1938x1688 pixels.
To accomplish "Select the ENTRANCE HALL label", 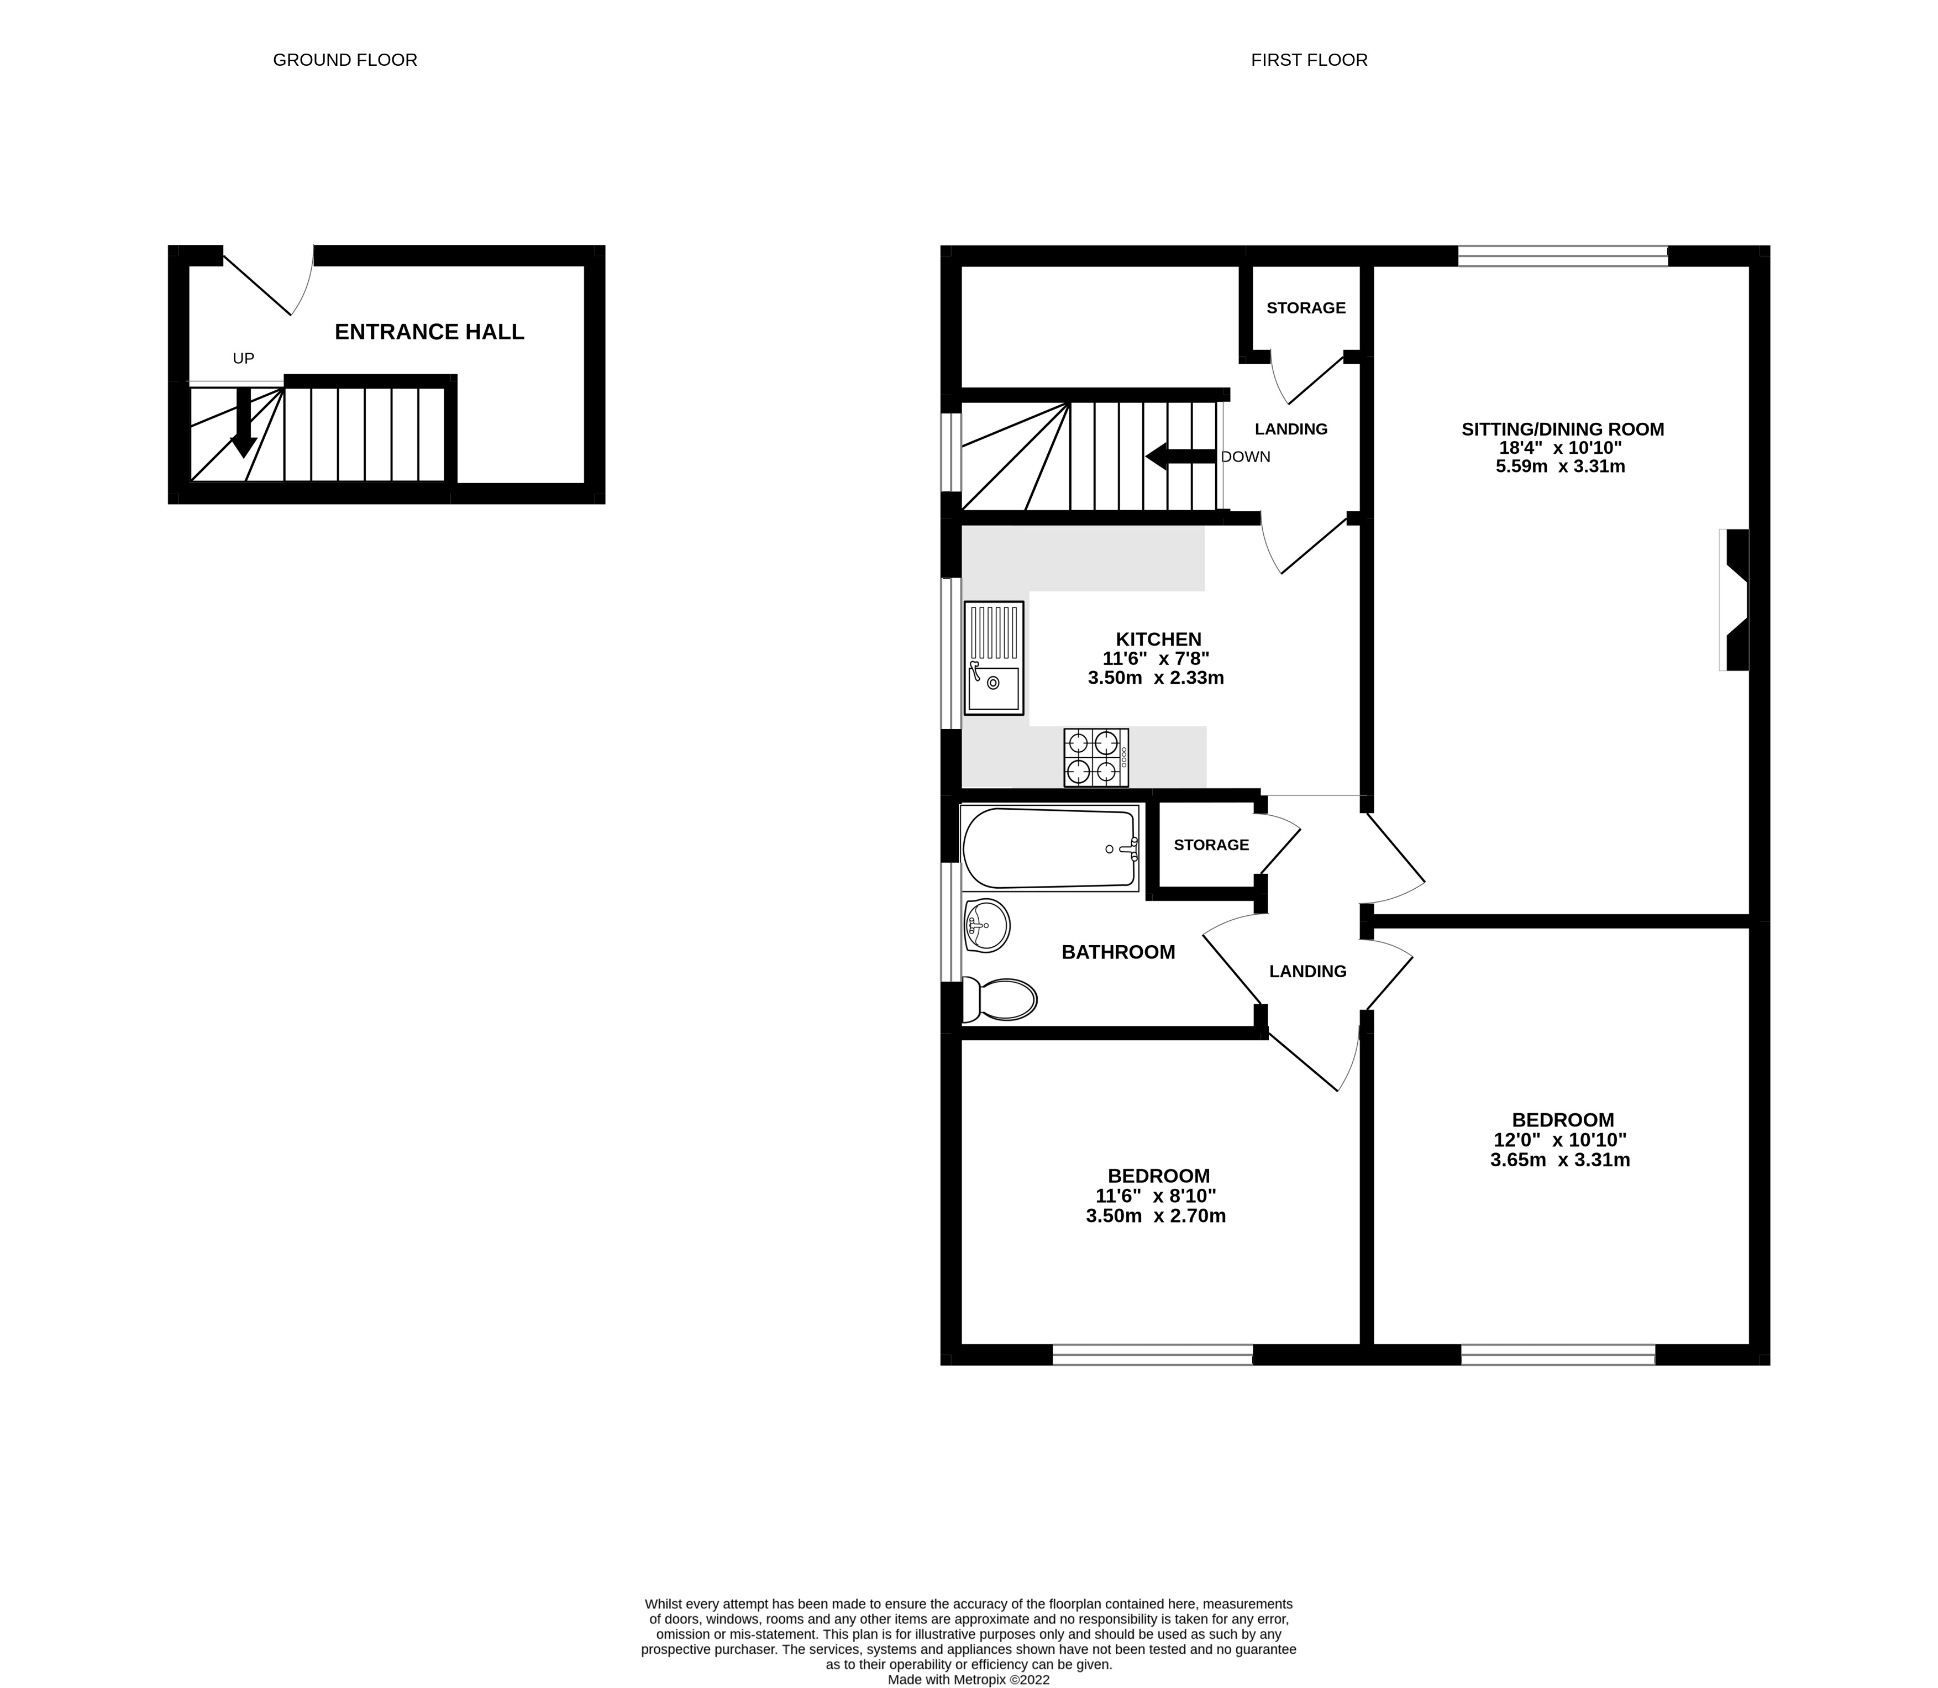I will pyautogui.click(x=429, y=332).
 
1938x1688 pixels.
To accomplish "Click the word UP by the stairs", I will pyautogui.click(x=243, y=359).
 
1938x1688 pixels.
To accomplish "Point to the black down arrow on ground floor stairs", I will pyautogui.click(x=243, y=424).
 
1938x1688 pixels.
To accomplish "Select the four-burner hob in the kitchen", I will pyautogui.click(x=1096, y=757).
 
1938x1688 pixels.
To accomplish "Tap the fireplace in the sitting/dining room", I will pyautogui.click(x=1735, y=600).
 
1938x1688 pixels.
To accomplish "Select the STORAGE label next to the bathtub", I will pyautogui.click(x=1211, y=845).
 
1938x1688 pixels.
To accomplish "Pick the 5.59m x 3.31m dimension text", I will pyautogui.click(x=1561, y=466).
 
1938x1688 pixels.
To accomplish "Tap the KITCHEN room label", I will pyautogui.click(x=1158, y=638).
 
